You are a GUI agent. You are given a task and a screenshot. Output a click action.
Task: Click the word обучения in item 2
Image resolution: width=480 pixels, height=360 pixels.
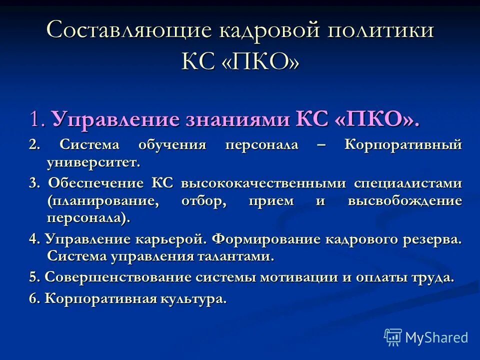172,145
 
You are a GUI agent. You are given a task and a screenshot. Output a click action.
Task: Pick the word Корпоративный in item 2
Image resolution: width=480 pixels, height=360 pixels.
403,145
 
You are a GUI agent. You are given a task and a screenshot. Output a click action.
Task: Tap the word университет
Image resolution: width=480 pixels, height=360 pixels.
93,162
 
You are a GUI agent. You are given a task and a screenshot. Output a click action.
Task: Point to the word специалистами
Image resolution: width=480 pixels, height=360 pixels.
408,183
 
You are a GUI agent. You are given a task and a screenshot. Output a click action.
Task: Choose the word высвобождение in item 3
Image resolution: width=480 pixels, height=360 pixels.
404,201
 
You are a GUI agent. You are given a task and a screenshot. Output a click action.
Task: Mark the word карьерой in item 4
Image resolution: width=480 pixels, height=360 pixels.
170,238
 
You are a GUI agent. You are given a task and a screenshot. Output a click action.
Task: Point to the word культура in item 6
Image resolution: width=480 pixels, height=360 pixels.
192,299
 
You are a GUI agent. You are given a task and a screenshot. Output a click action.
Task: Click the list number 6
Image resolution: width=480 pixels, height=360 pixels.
33,299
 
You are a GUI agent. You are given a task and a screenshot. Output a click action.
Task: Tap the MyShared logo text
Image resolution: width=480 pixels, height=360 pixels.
436,337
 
